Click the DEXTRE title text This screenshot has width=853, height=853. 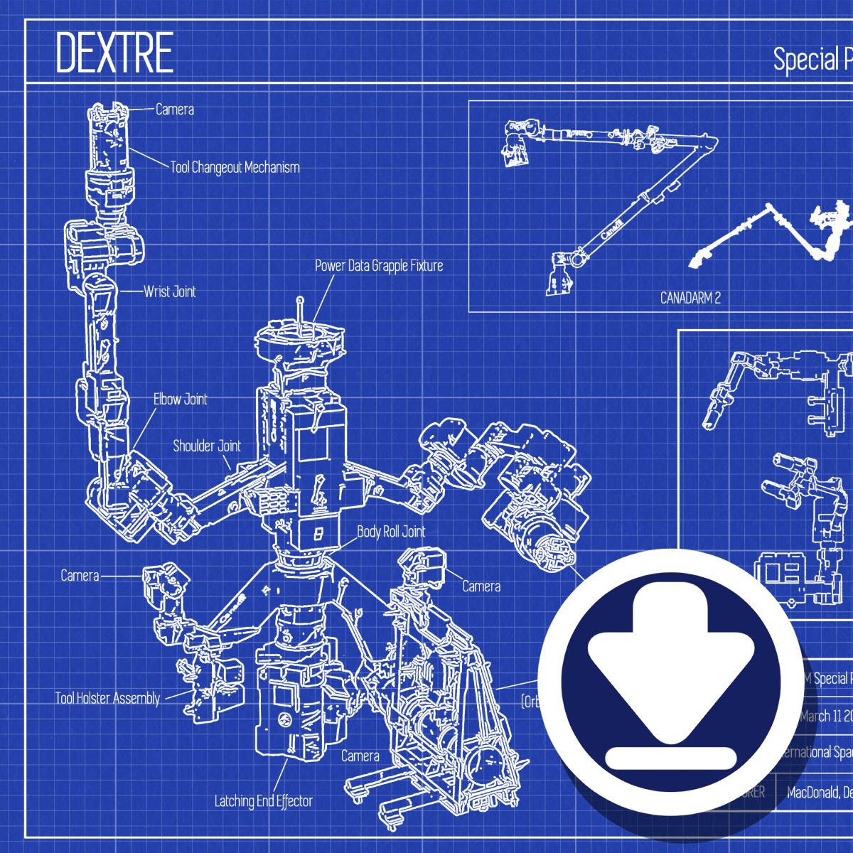pos(114,53)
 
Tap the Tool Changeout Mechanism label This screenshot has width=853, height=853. pos(235,168)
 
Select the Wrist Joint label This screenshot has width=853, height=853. pos(169,291)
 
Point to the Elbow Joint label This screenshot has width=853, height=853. pos(181,399)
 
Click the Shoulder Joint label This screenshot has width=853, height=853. pos(207,446)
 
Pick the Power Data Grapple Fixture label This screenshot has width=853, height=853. pos(379,266)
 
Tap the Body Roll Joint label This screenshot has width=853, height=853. pos(391,531)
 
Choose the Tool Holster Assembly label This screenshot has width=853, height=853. pos(107,698)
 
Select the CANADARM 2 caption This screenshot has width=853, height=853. pos(690,298)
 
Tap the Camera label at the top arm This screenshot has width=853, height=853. pos(175,109)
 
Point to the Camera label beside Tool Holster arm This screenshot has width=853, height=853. pos(80,575)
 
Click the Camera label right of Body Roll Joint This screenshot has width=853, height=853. pos(481,586)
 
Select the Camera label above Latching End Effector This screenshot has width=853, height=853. pos(360,756)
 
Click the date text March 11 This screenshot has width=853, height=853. pos(825,715)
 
